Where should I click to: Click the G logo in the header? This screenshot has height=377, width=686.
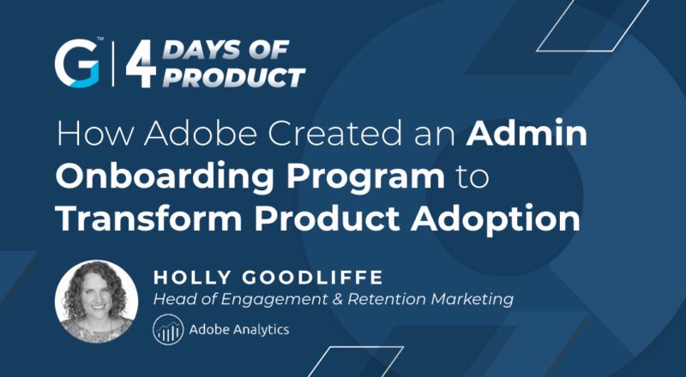pyautogui.click(x=76, y=63)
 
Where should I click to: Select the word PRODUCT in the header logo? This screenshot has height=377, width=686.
pyautogui.click(x=232, y=78)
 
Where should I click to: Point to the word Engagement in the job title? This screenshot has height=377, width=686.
pyautogui.click(x=269, y=300)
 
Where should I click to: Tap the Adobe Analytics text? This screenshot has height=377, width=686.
pyautogui.click(x=237, y=329)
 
